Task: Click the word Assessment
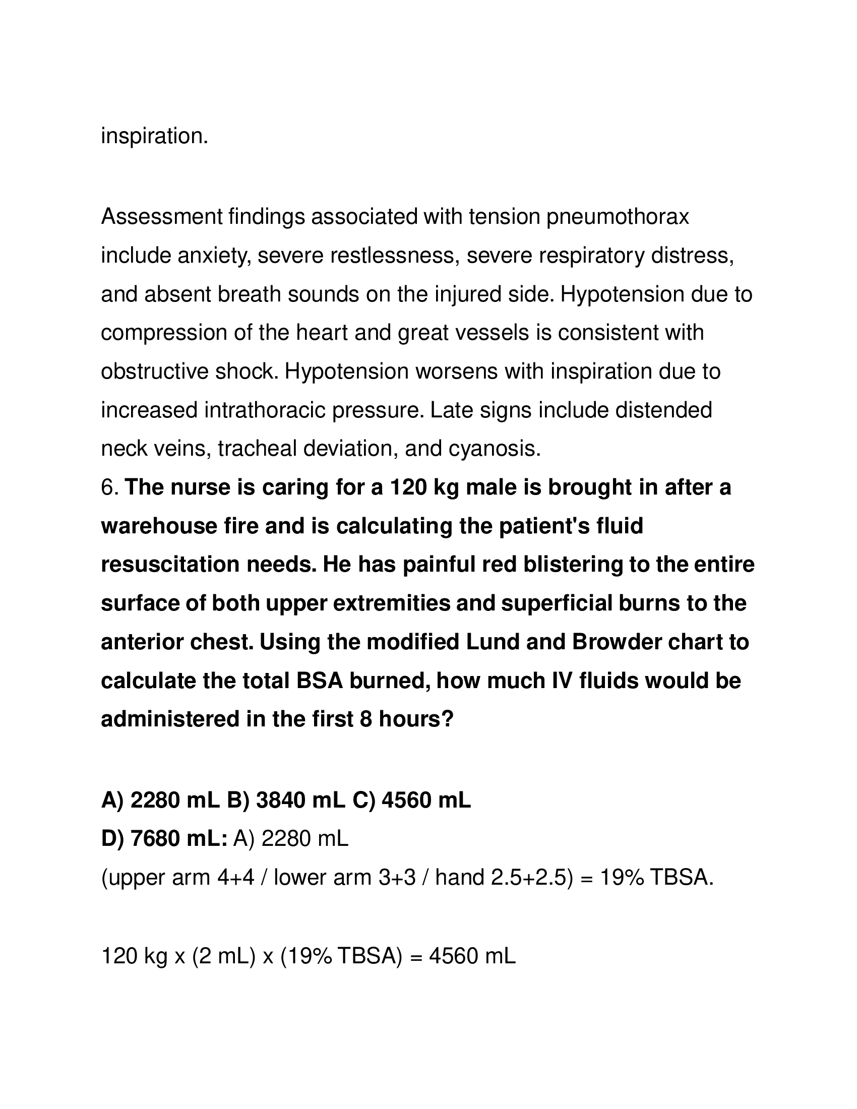click(x=161, y=217)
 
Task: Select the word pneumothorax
click(x=618, y=217)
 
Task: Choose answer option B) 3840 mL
click(x=286, y=802)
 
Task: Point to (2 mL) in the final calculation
click(x=223, y=956)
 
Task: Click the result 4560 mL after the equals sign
click(x=472, y=956)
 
